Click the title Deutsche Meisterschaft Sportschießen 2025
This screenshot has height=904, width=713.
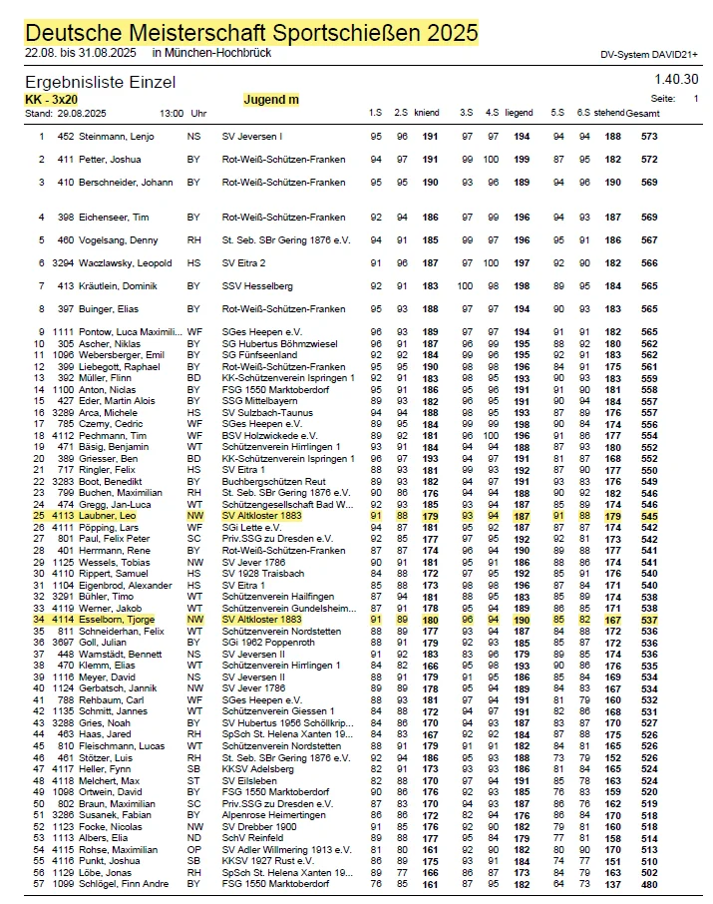(x=250, y=33)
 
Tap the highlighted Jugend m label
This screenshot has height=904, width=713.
(x=271, y=100)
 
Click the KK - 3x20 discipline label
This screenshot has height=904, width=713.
(x=53, y=100)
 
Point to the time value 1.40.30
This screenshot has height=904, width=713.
(x=676, y=79)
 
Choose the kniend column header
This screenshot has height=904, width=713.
(x=427, y=113)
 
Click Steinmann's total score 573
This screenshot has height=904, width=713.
(x=649, y=136)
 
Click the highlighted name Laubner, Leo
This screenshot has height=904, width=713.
(x=108, y=516)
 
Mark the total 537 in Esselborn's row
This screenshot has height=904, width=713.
(x=649, y=619)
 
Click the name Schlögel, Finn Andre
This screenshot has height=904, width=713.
(x=126, y=883)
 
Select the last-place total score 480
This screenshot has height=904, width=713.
(x=649, y=883)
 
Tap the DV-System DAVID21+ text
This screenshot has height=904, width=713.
(x=648, y=55)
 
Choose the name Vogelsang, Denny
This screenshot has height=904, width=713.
(x=120, y=239)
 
